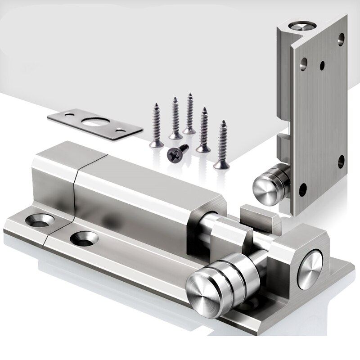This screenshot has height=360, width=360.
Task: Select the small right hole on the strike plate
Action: (121, 130)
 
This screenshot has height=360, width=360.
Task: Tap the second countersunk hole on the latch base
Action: (82, 237)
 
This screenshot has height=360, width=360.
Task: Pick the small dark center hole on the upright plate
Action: (322, 66)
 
